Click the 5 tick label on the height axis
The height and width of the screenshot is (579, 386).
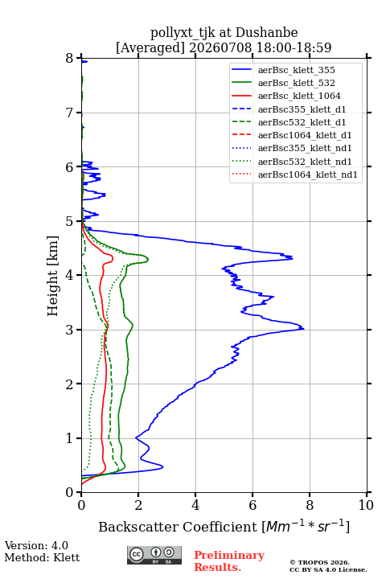pos(70,221)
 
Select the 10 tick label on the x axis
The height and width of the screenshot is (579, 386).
pos(366,505)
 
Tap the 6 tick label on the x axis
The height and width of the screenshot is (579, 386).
pos(253,505)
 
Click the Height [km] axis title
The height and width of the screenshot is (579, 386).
pos(53,276)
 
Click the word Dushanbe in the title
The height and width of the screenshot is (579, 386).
pos(266,32)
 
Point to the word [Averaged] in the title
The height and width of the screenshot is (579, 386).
pos(150,47)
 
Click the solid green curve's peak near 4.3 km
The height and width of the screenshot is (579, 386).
pos(148,259)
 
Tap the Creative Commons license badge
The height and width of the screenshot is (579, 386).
pos(154,555)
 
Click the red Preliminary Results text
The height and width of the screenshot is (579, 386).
pos(229,561)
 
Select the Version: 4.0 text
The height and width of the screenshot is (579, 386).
pos(36,545)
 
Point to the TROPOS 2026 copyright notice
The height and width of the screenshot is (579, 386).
pos(319,562)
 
